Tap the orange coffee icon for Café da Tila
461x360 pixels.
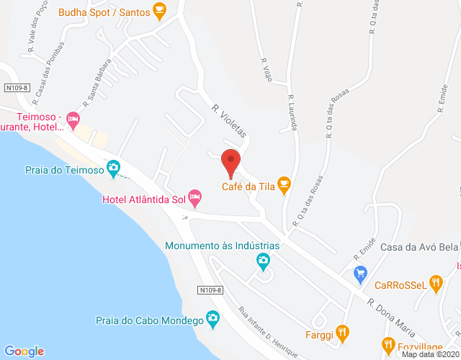tap(284, 184)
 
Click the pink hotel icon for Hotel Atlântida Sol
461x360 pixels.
tap(194, 197)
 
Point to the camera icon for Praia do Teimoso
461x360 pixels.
tap(113, 168)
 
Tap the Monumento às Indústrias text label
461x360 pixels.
tap(222, 245)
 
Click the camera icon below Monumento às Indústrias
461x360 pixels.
tap(264, 259)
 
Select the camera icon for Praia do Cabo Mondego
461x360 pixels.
tap(212, 318)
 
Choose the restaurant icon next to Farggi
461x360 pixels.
tap(343, 333)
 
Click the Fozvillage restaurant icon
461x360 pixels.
tap(390, 345)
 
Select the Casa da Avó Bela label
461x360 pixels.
tap(419, 247)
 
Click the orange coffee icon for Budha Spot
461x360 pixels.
tap(160, 11)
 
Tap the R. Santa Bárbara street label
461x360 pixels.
tap(97, 82)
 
